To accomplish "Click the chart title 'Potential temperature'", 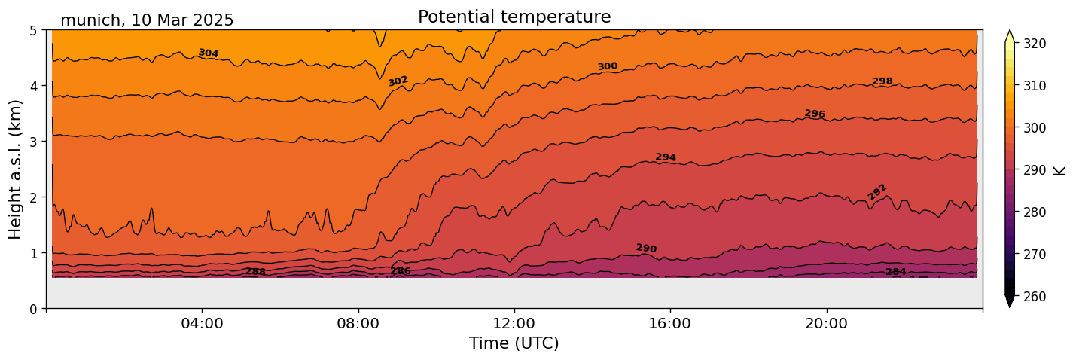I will point(514,17).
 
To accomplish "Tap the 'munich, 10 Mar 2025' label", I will point(147,20).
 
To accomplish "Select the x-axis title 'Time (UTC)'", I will point(514,343).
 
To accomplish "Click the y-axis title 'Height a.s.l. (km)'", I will point(16,169).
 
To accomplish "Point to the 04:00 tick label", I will point(203,324).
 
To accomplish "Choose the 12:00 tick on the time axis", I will point(514,324).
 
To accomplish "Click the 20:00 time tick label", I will point(827,324).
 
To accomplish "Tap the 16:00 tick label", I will point(670,324).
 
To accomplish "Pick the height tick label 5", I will point(33,31).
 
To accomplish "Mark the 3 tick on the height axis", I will point(33,142).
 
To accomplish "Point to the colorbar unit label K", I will point(1060,170).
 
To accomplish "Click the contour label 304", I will point(209,53).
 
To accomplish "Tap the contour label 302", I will point(398,81).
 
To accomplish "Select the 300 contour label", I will point(608,66).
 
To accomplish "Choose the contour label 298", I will point(882,81).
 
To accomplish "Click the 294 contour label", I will point(666,157).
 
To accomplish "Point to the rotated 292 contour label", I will point(877,192).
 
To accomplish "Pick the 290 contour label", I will point(646,249).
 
